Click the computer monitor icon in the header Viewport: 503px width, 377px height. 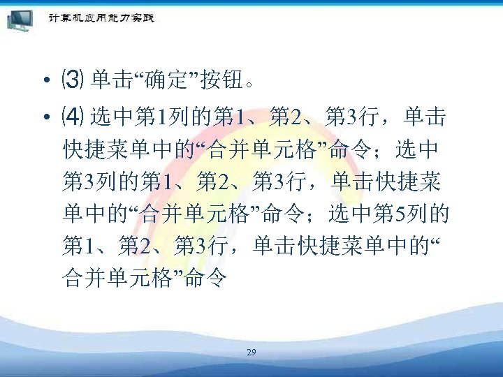point(22,20)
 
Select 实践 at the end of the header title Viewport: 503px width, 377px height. point(143,18)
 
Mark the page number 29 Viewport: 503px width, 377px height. point(251,353)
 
